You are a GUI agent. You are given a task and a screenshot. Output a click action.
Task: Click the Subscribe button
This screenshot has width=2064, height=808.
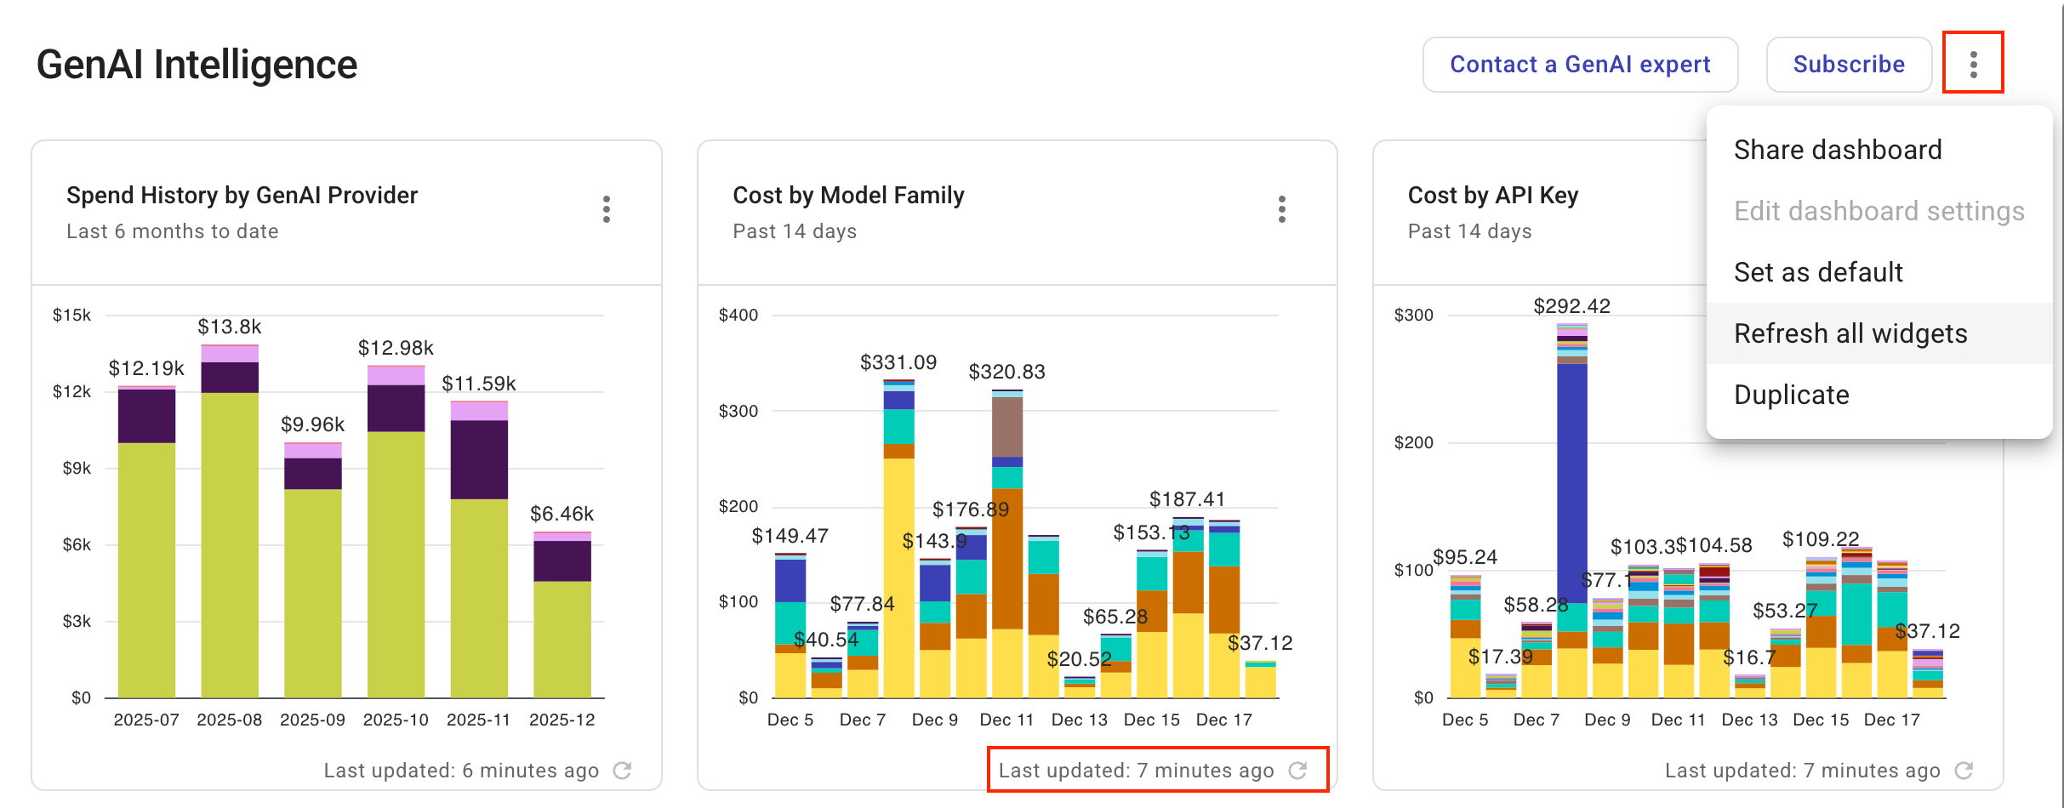point(1849,65)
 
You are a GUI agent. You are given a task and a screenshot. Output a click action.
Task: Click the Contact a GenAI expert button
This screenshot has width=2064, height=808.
point(1580,65)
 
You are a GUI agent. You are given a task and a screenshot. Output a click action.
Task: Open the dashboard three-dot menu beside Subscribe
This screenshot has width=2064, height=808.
point(1973,64)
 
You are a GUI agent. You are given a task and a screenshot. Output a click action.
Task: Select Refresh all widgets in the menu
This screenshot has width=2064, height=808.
point(1850,333)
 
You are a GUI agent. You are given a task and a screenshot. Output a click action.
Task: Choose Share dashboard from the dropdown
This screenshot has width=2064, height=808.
point(1838,150)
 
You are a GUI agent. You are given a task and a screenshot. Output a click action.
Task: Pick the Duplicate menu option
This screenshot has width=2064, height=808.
point(1791,395)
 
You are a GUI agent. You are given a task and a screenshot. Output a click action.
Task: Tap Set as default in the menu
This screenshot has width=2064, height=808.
point(1818,272)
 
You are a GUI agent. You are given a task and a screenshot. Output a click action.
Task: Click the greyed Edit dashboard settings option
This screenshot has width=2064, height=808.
point(1879,211)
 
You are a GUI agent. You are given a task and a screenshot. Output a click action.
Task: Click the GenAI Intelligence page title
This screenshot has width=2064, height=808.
point(197,65)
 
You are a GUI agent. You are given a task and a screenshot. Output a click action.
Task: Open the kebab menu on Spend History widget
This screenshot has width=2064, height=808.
point(607,209)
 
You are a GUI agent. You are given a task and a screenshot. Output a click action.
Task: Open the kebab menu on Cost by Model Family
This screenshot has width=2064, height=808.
point(1281,209)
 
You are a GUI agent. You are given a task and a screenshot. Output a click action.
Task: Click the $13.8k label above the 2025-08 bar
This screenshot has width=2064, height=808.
point(230,327)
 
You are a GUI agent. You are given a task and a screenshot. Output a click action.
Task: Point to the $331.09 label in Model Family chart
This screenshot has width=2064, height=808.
point(898,362)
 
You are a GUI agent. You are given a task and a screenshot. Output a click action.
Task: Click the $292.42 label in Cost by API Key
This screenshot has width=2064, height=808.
point(1571,306)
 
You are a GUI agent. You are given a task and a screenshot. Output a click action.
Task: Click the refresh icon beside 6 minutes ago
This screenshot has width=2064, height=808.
point(623,771)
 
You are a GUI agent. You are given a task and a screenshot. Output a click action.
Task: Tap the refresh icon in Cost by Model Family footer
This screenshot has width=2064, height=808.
point(1297,771)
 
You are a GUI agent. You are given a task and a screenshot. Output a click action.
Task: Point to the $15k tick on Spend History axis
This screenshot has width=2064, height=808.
point(72,316)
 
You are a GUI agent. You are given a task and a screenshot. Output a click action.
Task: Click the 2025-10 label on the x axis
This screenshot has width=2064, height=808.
point(396,720)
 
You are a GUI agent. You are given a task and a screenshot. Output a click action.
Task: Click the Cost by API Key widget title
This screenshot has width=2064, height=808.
point(1492,196)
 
